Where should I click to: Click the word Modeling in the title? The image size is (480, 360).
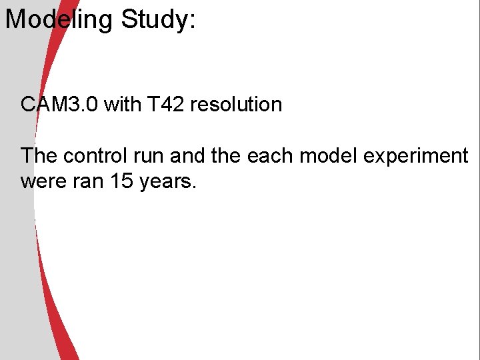[59, 20]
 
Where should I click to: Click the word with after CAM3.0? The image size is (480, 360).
[121, 105]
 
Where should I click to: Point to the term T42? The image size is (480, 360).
[163, 105]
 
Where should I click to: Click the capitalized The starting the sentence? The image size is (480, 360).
[39, 156]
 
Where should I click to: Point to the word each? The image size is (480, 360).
[269, 156]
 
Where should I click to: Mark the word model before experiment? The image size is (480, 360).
[325, 156]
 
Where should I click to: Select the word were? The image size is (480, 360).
[43, 181]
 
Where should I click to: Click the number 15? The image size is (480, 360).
[122, 181]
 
